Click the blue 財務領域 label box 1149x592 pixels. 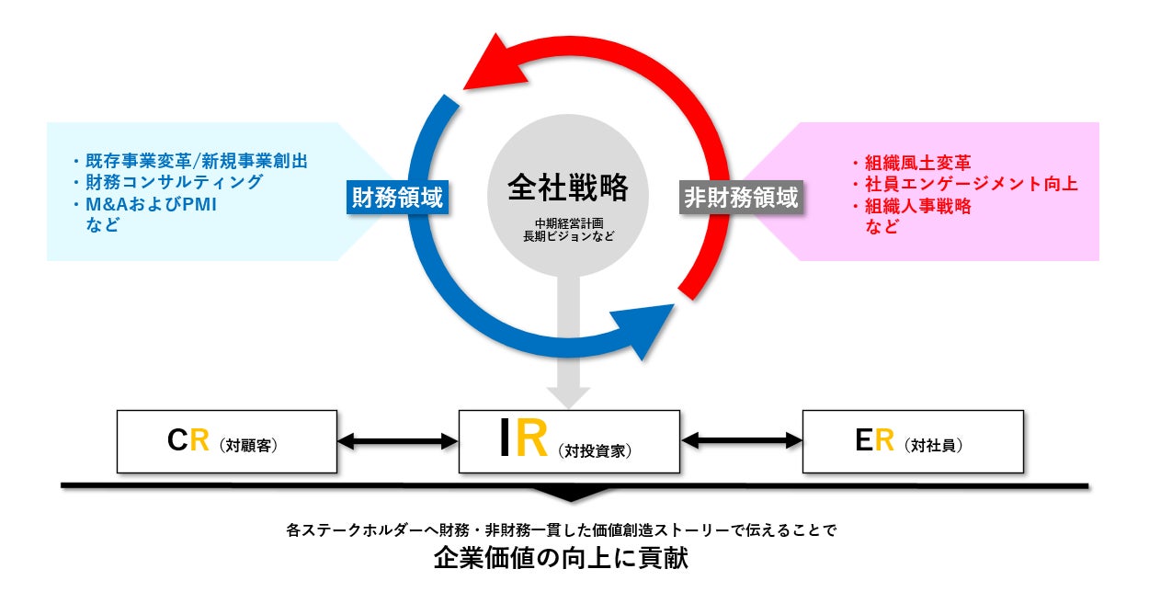click(x=397, y=197)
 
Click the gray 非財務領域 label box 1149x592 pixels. click(x=740, y=197)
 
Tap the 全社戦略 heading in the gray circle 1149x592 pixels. click(x=568, y=188)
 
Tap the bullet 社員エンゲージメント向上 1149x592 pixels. click(x=964, y=185)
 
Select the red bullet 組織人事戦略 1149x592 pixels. click(x=911, y=207)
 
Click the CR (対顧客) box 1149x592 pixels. click(x=227, y=442)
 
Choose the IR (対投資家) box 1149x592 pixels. click(x=569, y=441)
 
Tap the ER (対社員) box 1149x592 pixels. click(x=913, y=442)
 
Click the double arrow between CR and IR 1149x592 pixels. click(x=398, y=442)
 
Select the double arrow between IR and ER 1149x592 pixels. click(x=742, y=442)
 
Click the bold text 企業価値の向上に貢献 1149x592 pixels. click(x=562, y=558)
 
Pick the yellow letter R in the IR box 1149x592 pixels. click(x=532, y=439)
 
